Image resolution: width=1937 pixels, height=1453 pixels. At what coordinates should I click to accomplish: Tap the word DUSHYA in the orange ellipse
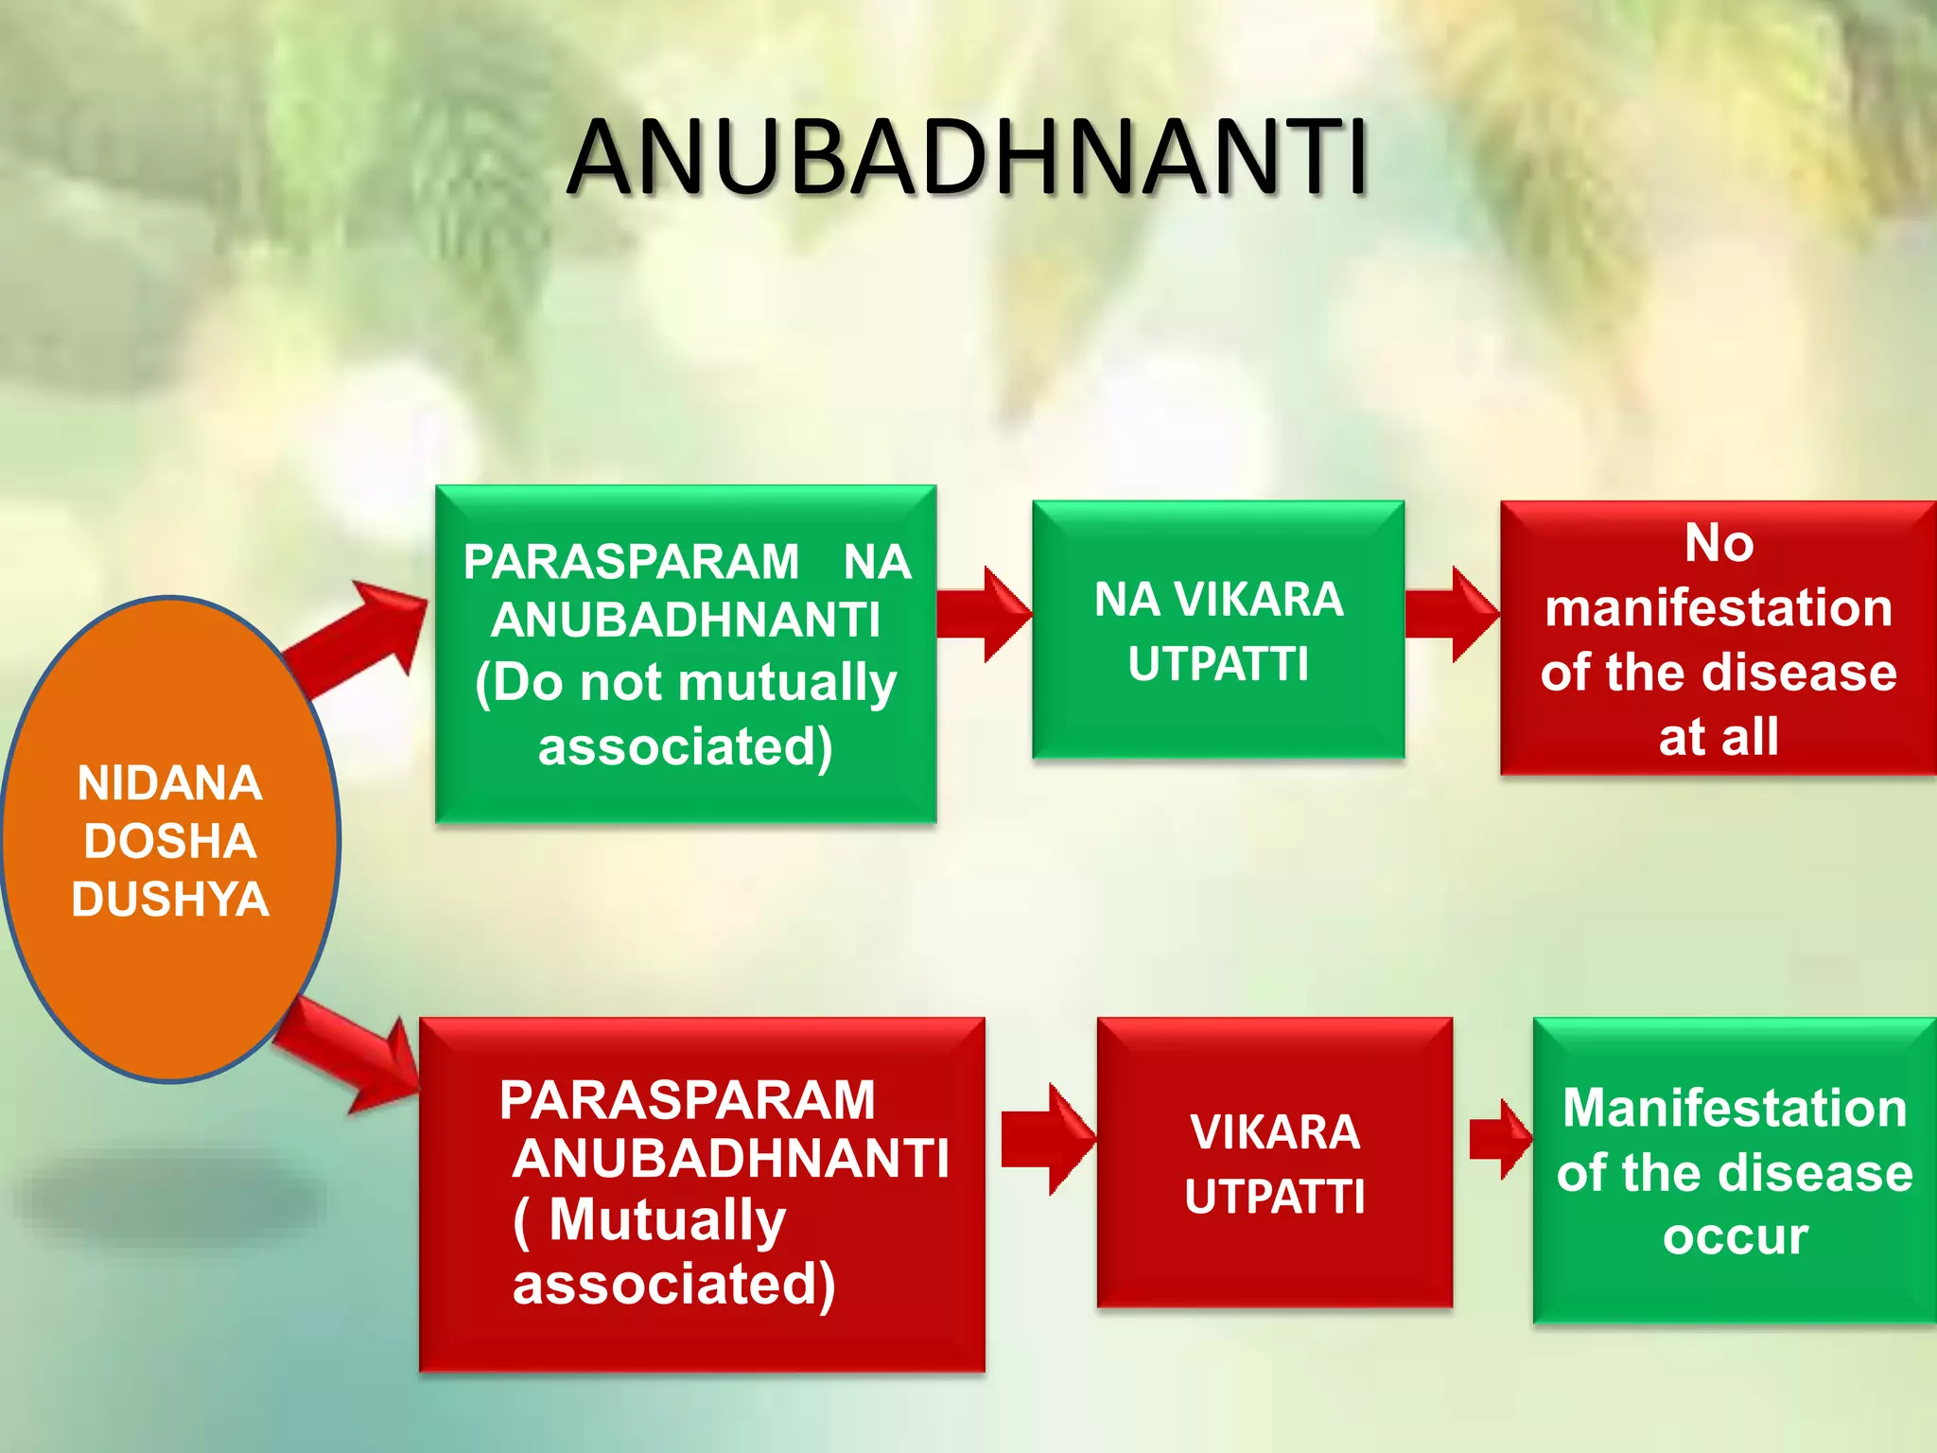(170, 899)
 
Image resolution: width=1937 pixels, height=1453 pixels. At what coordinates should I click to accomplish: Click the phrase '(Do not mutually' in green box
(686, 683)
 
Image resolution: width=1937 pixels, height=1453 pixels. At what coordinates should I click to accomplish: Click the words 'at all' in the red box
(1719, 737)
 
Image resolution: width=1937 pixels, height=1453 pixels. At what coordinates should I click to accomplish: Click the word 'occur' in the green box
(1736, 1236)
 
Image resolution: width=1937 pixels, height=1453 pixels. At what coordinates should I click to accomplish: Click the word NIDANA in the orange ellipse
(170, 783)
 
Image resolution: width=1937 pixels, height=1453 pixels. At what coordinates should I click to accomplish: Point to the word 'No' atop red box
(1719, 544)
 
